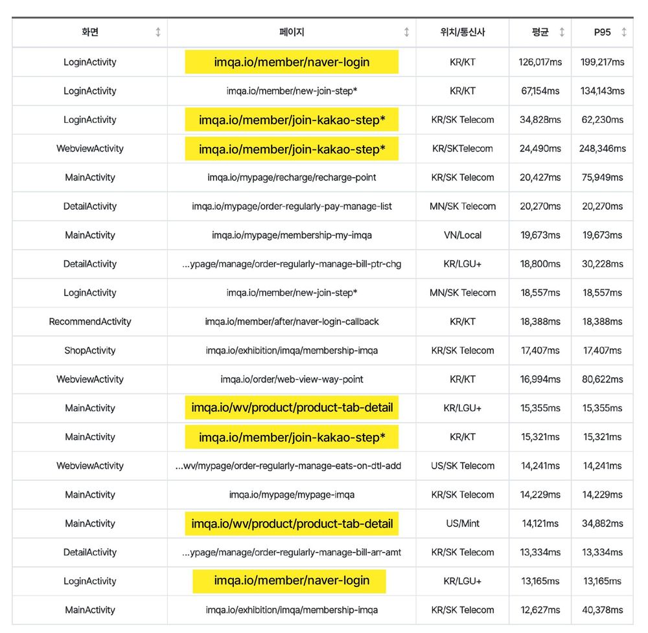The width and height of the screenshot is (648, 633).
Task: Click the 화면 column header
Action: [x=90, y=32]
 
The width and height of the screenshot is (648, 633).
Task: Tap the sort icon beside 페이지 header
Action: [x=406, y=32]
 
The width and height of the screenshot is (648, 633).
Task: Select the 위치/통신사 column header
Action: [x=462, y=32]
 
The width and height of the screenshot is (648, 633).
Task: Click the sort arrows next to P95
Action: [x=624, y=32]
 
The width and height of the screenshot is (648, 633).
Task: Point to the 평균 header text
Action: [x=540, y=32]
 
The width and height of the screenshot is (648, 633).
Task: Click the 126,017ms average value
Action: [x=540, y=62]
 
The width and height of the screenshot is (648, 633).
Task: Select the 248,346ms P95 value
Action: [x=603, y=148]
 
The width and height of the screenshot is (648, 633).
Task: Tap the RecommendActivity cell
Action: [x=90, y=322]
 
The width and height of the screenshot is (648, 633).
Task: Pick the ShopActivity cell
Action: [x=90, y=350]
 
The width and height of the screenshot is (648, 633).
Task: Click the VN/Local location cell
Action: [x=462, y=235]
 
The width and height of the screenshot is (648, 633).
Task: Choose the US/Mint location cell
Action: [x=462, y=523]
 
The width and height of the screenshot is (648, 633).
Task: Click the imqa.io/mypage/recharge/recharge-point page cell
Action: [x=292, y=177]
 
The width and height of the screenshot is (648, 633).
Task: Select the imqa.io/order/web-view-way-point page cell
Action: [x=292, y=379]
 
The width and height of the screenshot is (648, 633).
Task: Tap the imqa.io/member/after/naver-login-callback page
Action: [x=292, y=322]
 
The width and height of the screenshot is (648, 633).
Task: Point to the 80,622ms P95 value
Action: [x=603, y=379]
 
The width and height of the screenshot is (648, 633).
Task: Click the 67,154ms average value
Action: [x=540, y=91]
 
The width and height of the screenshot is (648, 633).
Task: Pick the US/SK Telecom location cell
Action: [x=462, y=465]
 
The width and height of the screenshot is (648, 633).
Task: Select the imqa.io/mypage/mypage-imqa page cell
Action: [x=292, y=494]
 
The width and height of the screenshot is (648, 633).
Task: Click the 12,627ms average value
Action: [x=540, y=610]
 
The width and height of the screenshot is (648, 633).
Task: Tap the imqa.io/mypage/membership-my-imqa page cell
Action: [x=292, y=235]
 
